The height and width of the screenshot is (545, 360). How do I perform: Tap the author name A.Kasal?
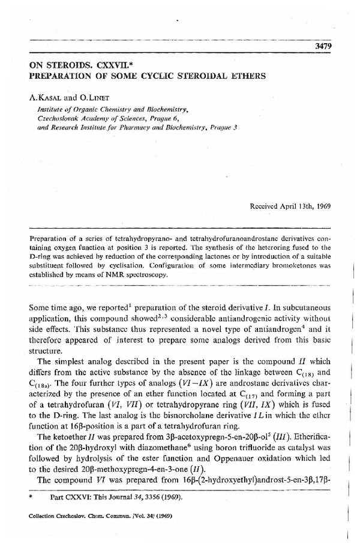[x=45, y=94]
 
